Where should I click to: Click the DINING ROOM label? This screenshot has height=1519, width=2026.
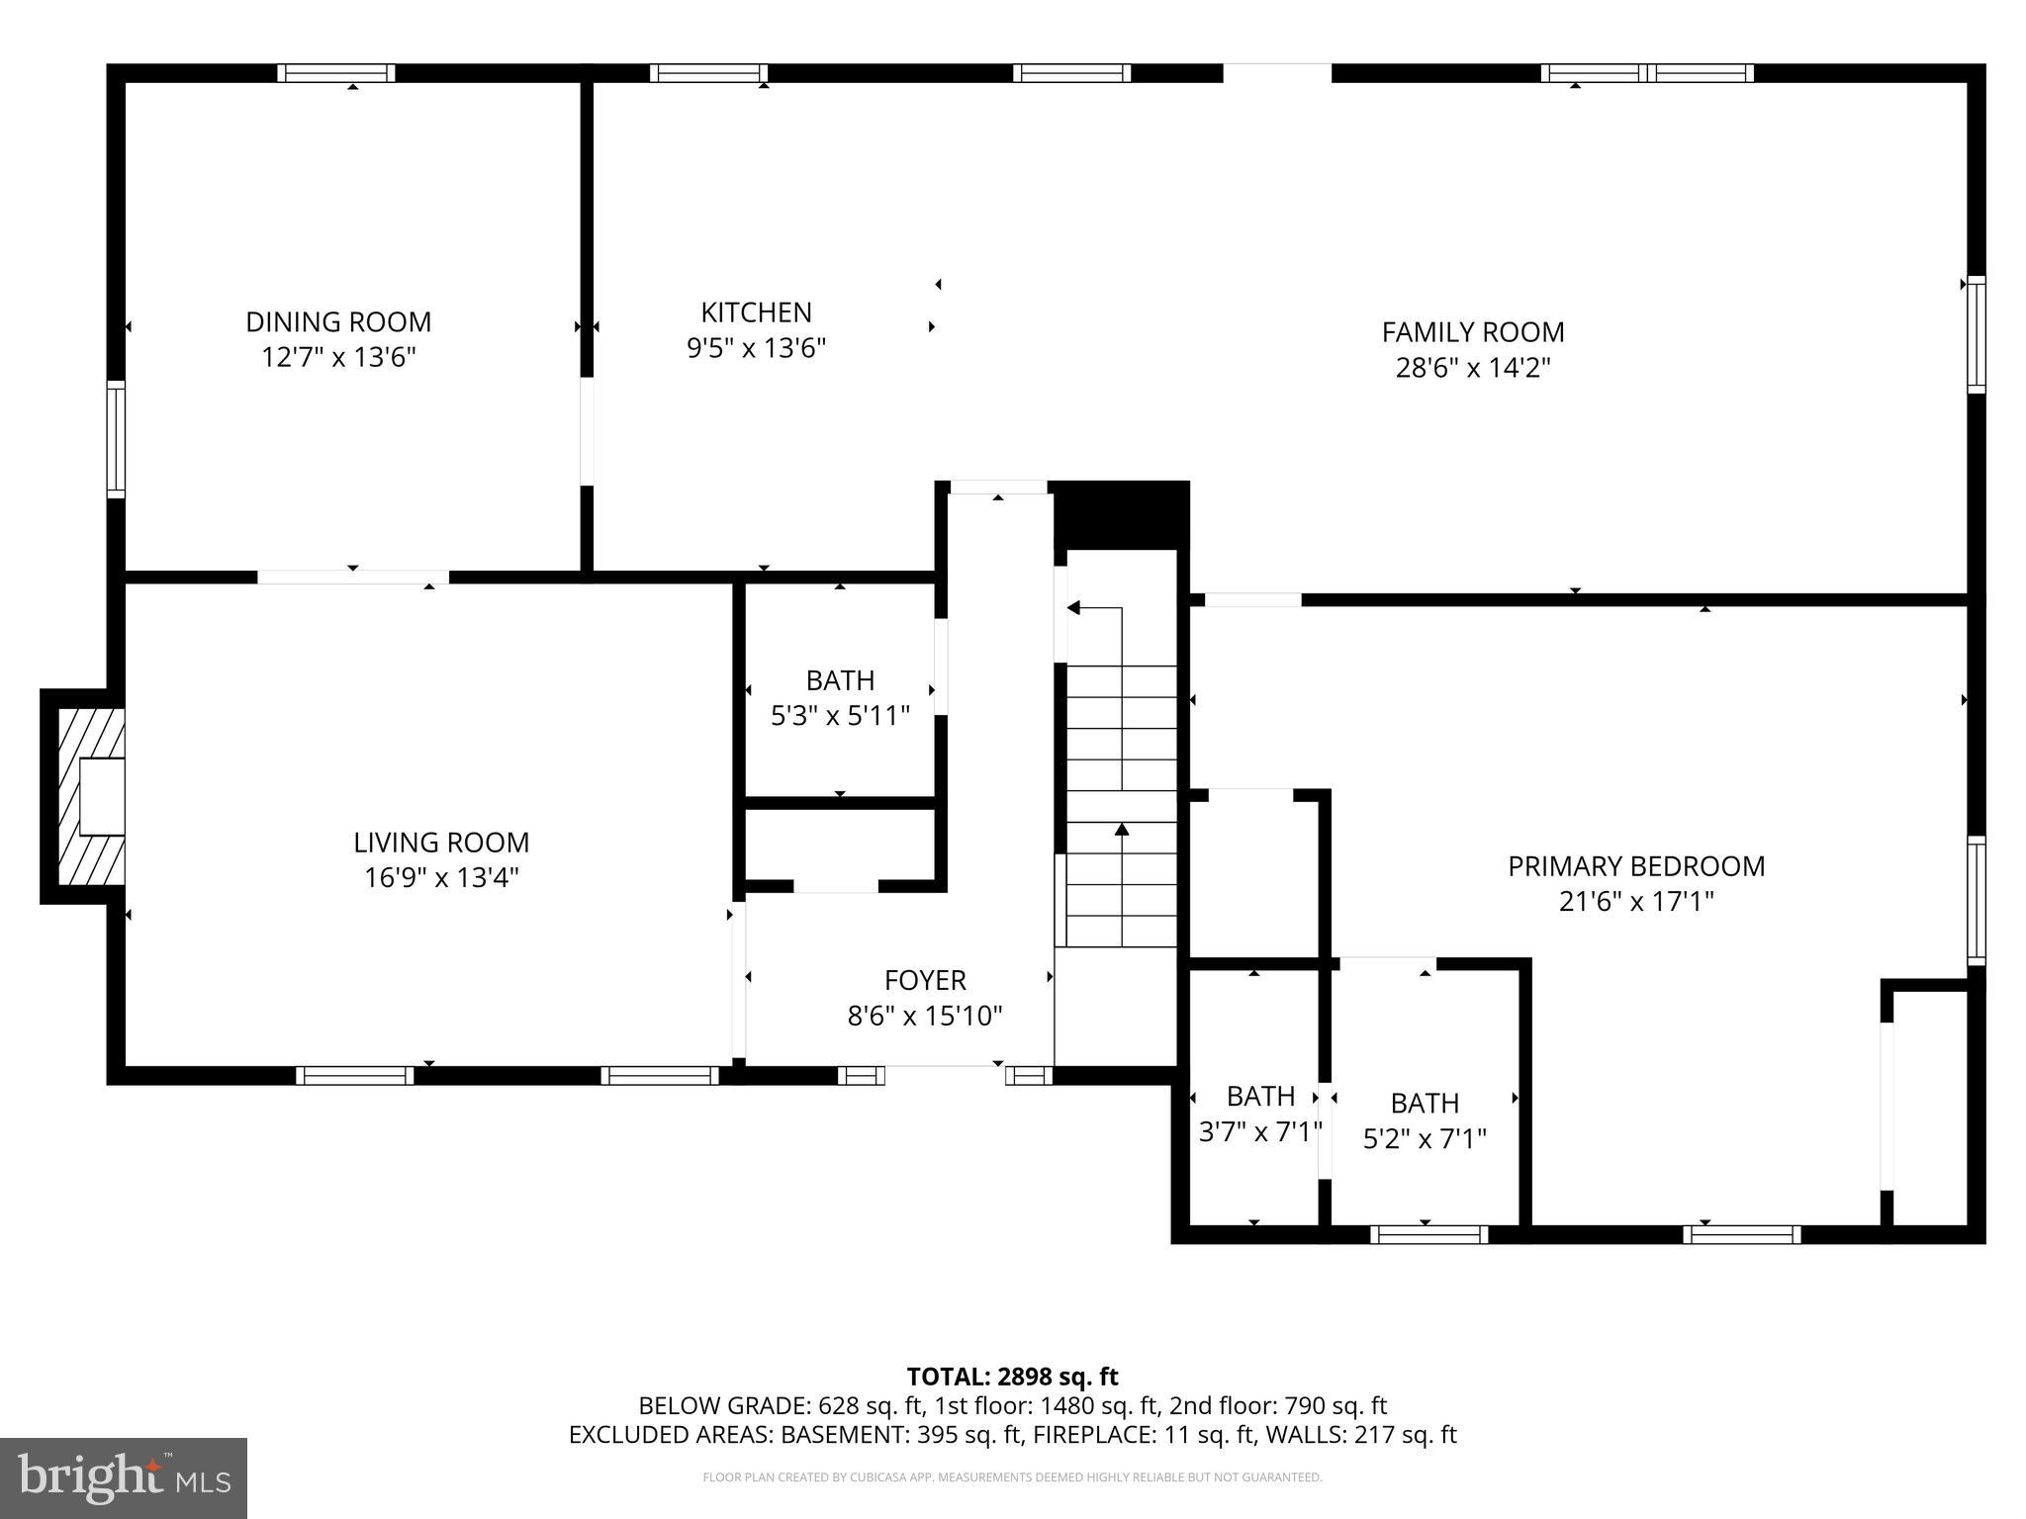338,322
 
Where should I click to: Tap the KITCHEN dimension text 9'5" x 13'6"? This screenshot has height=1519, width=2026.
756,348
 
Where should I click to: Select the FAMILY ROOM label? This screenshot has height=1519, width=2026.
1472,332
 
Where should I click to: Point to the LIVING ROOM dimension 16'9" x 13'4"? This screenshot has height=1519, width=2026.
441,877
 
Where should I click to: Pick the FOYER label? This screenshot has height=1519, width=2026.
925,980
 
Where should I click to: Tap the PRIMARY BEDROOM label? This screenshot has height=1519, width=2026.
1636,866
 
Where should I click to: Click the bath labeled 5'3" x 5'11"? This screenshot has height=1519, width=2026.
840,697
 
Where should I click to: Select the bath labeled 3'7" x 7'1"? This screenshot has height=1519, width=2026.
1259,1113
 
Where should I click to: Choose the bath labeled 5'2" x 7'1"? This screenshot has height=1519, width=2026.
1425,1120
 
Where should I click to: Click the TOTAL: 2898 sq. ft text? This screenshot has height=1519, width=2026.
1012,1377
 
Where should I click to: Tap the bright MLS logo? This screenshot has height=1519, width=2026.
124,1478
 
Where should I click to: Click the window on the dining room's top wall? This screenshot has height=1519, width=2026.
336,73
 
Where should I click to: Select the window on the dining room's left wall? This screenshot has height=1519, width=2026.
117,438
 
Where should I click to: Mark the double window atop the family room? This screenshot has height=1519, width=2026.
1647,73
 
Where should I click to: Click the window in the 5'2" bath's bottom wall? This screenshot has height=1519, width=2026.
1429,1233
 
